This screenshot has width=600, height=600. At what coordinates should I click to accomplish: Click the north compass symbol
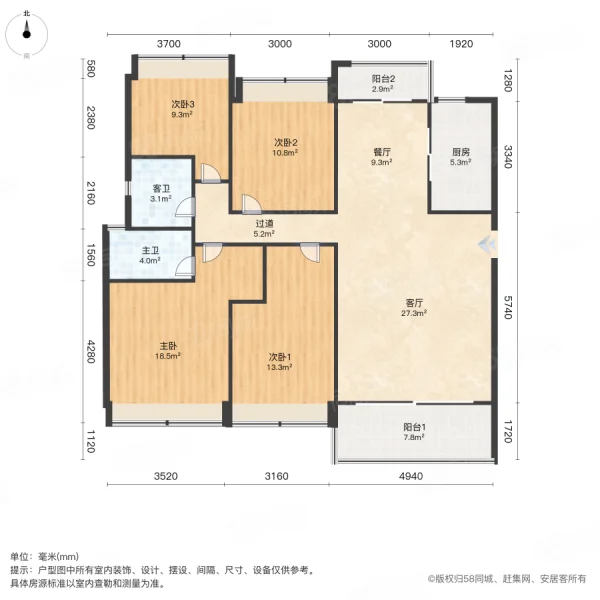point(26,34)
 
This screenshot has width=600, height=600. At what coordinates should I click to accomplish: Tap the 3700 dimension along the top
point(169,44)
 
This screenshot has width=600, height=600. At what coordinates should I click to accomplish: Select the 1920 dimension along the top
point(461,44)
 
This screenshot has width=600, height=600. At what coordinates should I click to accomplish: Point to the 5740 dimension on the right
point(507,307)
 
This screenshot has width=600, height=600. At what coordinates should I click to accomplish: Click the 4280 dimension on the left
point(90,351)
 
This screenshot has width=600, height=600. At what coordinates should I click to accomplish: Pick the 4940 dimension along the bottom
point(411,476)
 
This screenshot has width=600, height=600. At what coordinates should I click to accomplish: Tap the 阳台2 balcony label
point(383,79)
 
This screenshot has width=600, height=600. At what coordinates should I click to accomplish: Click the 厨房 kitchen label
point(460,152)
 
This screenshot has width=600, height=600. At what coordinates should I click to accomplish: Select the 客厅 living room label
point(414,303)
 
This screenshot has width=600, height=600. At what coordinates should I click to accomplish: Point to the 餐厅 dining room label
point(382,152)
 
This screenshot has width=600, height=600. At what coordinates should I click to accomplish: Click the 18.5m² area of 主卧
point(168,356)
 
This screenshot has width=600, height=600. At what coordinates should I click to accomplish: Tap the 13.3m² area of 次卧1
point(280,367)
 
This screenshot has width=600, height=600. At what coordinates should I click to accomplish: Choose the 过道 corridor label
point(264,223)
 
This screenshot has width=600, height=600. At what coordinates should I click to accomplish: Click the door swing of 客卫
point(185,208)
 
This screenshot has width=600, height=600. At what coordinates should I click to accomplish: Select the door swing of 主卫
point(185,266)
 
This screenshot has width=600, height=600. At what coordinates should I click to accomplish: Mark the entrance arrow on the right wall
point(487,244)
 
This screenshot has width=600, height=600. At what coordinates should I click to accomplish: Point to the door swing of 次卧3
point(211,173)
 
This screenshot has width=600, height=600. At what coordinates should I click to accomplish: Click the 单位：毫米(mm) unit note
point(44,557)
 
